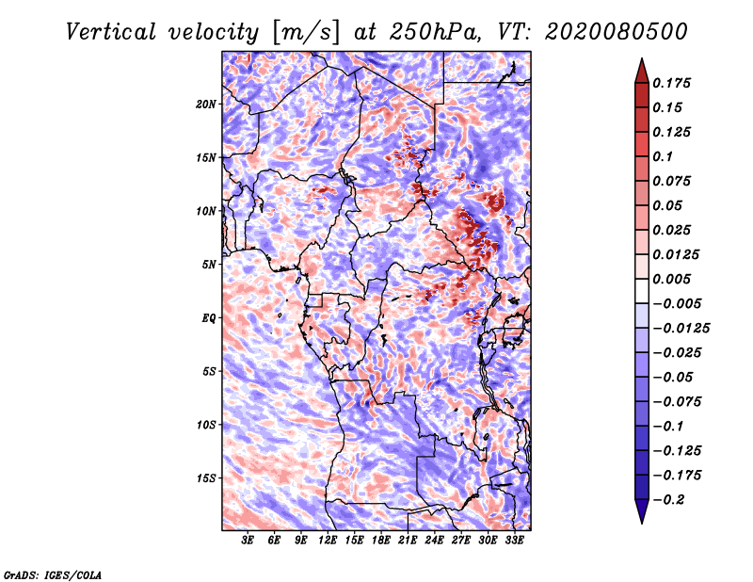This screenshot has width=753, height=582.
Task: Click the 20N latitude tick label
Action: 206,105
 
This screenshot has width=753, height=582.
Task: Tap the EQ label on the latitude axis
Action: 209,318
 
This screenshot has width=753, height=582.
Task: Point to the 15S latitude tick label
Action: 206,478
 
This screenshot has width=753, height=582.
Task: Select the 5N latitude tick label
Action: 209,265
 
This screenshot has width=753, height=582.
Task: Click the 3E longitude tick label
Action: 248,541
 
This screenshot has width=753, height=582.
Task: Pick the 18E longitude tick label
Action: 381,541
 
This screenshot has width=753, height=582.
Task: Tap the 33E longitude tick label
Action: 514,541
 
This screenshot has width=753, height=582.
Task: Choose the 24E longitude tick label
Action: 434,541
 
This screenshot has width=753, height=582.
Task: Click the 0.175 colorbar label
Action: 671,83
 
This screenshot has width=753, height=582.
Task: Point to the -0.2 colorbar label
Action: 668,500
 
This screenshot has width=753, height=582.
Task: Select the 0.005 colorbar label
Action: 671,279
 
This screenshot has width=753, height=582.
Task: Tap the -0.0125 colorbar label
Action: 681,329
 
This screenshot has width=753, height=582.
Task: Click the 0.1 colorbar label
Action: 663,156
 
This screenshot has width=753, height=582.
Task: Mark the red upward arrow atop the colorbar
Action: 642,71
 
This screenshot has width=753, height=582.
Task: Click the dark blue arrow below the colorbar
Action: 642,511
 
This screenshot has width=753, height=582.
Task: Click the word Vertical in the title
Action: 111,32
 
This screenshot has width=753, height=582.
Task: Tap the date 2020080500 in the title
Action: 617,32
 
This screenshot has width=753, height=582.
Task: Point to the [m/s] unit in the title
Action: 306,32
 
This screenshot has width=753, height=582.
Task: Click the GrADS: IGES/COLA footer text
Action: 53,574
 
